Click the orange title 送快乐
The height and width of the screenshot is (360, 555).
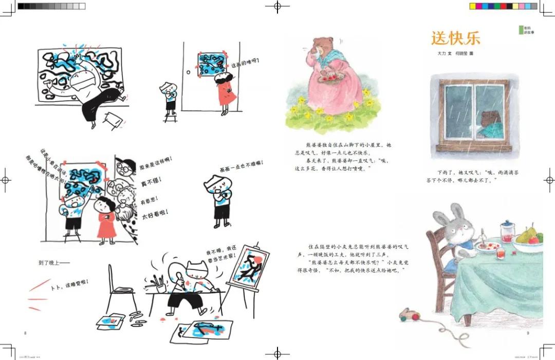click(456, 39)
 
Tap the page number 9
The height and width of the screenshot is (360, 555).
click(527, 333)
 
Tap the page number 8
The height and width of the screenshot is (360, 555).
click(26, 333)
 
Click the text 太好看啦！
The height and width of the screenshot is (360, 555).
click(156, 212)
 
